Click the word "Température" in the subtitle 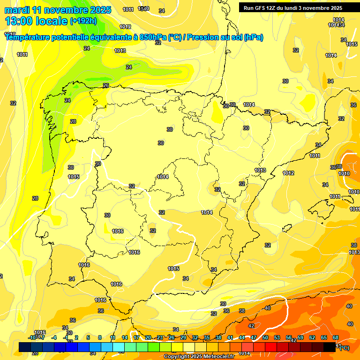click(x=28, y=37)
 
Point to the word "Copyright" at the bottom click(x=177, y=357)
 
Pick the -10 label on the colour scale click(x=32, y=337)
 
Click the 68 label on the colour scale click(x=336, y=337)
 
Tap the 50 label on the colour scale click(x=265, y=337)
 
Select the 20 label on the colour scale click(x=148, y=337)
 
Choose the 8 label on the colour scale click(x=100, y=337)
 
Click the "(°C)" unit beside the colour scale click(x=345, y=348)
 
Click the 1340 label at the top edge click(x=144, y=9)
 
